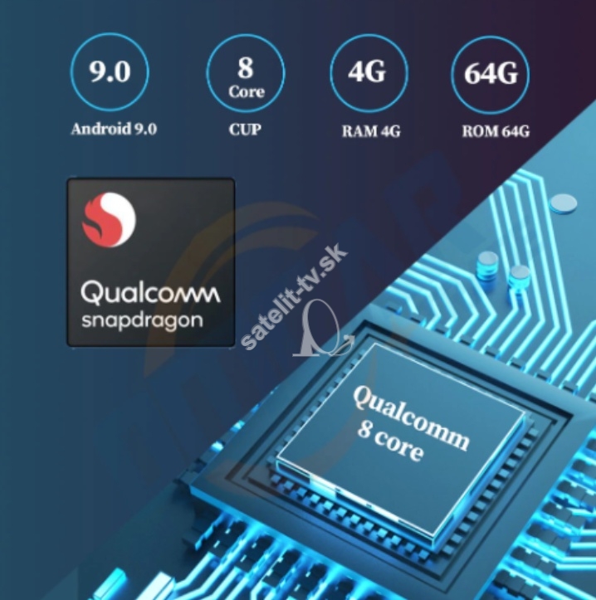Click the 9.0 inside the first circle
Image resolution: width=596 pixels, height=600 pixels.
(110, 71)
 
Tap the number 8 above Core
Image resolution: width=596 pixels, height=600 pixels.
(246, 68)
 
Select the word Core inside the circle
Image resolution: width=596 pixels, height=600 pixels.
(247, 91)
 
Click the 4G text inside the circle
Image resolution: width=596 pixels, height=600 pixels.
(367, 71)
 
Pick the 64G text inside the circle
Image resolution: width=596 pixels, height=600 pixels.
(491, 73)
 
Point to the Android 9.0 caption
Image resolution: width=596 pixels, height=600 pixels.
(114, 129)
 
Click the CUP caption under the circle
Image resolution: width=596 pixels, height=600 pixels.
(246, 129)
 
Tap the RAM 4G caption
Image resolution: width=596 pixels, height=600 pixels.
(371, 132)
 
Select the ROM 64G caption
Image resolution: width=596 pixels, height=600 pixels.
(496, 132)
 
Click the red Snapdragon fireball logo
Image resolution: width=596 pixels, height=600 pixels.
(109, 219)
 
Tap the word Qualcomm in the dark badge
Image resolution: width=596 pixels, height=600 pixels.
(150, 292)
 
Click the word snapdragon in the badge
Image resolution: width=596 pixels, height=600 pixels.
(142, 320)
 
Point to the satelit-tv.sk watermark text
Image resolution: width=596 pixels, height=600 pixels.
(294, 296)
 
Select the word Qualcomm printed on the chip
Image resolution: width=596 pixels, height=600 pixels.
(411, 418)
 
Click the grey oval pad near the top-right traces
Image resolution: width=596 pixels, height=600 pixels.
(563, 202)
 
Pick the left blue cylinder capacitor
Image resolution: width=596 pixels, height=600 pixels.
(487, 265)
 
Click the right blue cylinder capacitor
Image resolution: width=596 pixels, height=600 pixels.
(519, 277)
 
